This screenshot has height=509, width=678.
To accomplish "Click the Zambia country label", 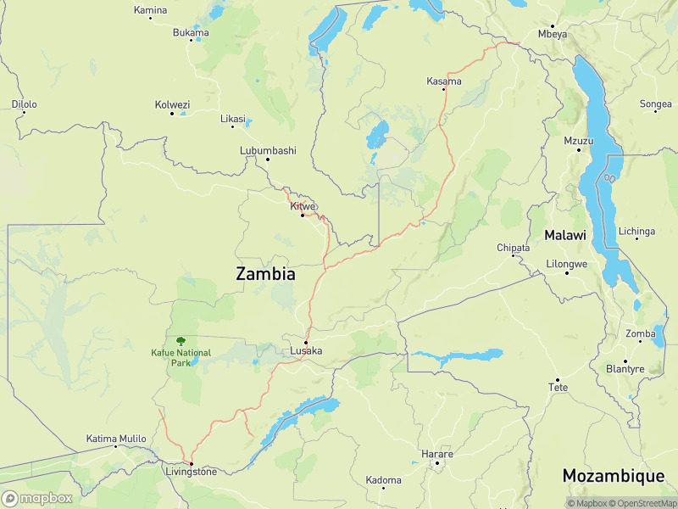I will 265,274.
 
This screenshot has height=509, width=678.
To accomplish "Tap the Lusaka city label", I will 306,350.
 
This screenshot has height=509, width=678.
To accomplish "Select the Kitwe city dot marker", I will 303,215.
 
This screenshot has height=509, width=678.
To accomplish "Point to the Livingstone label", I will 191,472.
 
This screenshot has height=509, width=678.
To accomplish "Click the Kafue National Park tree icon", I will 180,339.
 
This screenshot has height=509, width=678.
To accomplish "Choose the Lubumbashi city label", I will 268,150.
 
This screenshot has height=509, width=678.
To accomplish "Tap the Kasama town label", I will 444,81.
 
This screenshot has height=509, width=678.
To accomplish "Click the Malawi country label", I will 565,235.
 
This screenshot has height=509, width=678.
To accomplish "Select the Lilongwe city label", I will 567,264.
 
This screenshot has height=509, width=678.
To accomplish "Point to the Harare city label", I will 437,454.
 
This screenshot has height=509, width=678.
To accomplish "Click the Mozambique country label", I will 614,476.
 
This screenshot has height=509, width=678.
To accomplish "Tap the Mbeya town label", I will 553,34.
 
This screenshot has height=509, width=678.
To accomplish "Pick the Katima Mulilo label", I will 116,439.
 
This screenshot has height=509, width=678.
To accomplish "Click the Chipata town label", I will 513,248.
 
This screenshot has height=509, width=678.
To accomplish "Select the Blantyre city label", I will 625,369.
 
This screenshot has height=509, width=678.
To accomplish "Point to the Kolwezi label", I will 172,104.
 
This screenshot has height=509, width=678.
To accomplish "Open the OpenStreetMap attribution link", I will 641,503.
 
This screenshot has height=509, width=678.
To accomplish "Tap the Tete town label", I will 557,387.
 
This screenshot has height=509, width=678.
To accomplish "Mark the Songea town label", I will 655,104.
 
